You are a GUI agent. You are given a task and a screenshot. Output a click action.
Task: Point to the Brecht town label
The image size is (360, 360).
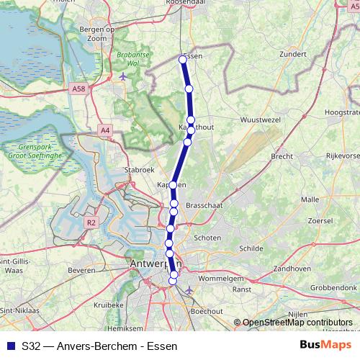tap(282, 156)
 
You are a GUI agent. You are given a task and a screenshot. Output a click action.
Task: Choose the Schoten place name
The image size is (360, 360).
tap(207, 238)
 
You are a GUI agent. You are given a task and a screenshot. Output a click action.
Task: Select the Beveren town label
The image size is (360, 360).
tap(81, 270)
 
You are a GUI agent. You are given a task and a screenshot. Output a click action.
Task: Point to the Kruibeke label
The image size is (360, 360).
tap(109, 305)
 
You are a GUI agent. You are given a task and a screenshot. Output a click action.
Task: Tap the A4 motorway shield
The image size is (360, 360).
tap(106, 130)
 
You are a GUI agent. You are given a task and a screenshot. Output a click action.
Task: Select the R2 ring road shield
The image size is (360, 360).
tap(91, 223)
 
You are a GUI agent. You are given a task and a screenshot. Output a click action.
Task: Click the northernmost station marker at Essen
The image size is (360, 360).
tap(183, 60)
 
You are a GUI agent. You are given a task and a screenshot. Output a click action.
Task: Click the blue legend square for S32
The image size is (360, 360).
tap(11, 346)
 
